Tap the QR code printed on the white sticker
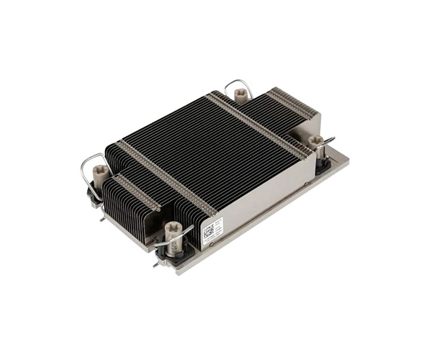209,231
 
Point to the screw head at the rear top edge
240,93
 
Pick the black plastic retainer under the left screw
94,194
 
